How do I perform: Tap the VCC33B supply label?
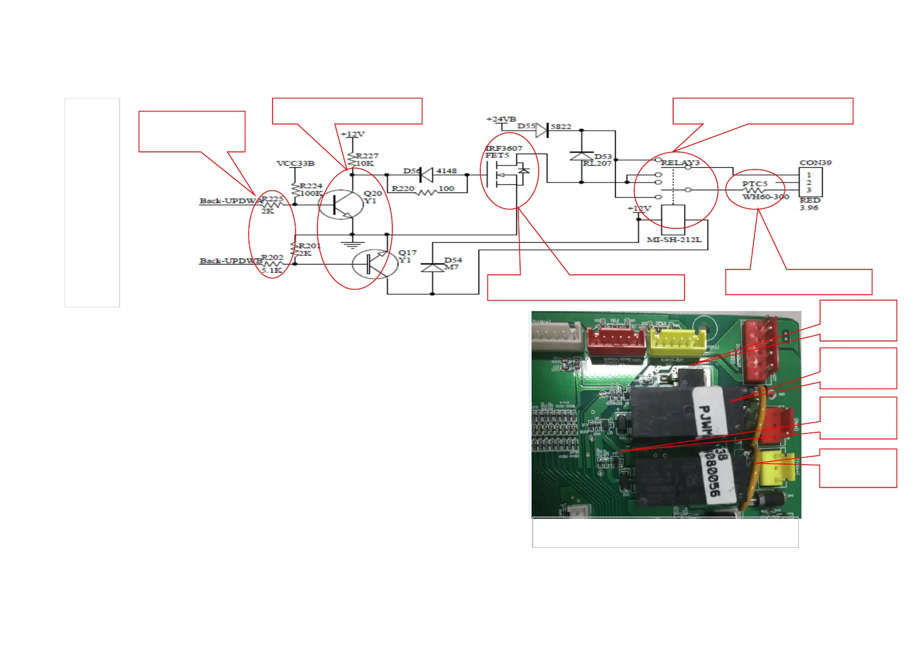click(295, 163)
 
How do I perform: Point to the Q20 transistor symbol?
click(341, 204)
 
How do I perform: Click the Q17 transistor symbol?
click(375, 264)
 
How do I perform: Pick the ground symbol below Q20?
click(352, 243)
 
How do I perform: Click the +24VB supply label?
click(501, 119)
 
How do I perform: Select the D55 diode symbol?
click(542, 130)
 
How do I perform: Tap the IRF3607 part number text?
click(504, 148)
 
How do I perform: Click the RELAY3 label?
click(680, 163)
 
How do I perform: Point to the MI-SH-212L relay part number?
click(674, 239)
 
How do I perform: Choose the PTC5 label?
click(754, 184)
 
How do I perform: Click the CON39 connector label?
click(815, 162)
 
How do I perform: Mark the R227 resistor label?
click(367, 156)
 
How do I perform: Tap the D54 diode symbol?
click(432, 268)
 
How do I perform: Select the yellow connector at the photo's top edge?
click(676, 342)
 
